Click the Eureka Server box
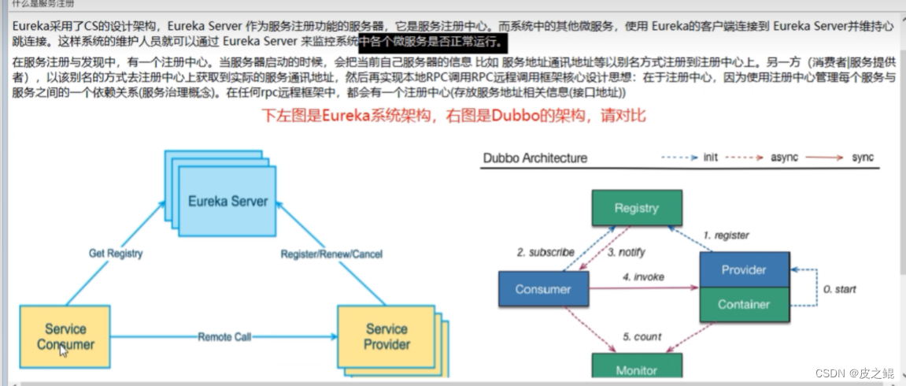[x=228, y=201]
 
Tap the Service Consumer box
[x=65, y=336]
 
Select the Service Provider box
[x=386, y=336]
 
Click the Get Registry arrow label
[x=116, y=253]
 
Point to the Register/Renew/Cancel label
[x=332, y=254]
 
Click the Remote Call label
[x=224, y=337]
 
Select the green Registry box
[x=636, y=208]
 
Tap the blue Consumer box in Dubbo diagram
[x=543, y=289]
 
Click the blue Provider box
[x=744, y=270]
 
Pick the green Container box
[x=744, y=304]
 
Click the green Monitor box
[x=636, y=369]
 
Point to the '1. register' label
[x=726, y=235]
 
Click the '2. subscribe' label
[x=545, y=252]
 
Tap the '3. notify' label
[x=627, y=252]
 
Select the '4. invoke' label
[x=644, y=277]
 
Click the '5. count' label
[x=642, y=336]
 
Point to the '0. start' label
[x=839, y=289]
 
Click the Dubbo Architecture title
[x=534, y=158]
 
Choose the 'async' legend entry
[x=784, y=158]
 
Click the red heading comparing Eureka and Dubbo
[x=454, y=116]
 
